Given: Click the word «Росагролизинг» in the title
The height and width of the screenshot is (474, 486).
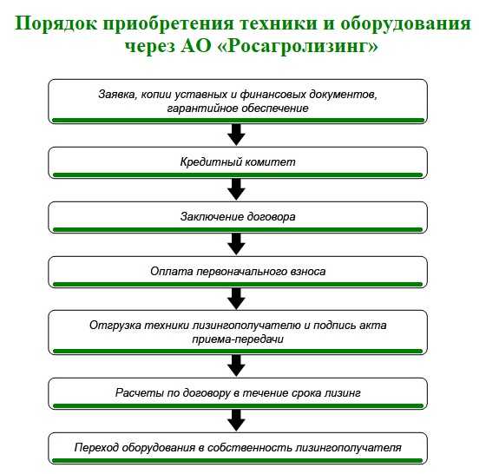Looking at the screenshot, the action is coord(300,46).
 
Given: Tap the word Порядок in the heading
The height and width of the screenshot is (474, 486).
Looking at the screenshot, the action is coord(56,23).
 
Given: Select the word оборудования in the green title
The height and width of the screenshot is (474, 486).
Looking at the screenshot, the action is coord(405,23).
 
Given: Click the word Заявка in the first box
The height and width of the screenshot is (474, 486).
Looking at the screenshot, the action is coord(117,95).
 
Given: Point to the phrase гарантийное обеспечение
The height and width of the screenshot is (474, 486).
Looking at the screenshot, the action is coord(238,109).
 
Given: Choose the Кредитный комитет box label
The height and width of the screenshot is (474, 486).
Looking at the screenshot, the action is coord(238,162).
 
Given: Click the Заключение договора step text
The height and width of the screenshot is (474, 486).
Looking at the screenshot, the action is coord(238,217).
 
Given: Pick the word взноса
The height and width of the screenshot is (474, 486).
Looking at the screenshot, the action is coord(308,272).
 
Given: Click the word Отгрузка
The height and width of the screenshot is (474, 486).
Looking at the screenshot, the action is coord(115,326).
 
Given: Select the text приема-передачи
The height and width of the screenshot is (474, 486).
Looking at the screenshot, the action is coord(238,339).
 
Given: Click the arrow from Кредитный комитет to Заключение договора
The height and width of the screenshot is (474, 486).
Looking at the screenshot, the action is coord(236,190).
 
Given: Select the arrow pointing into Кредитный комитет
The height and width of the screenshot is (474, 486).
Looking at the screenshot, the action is coord(236,135).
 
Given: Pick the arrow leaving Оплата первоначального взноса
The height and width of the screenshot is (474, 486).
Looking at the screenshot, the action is coord(236,299).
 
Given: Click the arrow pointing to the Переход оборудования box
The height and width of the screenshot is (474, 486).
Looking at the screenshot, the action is coord(236,420).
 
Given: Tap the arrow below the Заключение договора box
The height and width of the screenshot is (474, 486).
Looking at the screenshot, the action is coord(236,244).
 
